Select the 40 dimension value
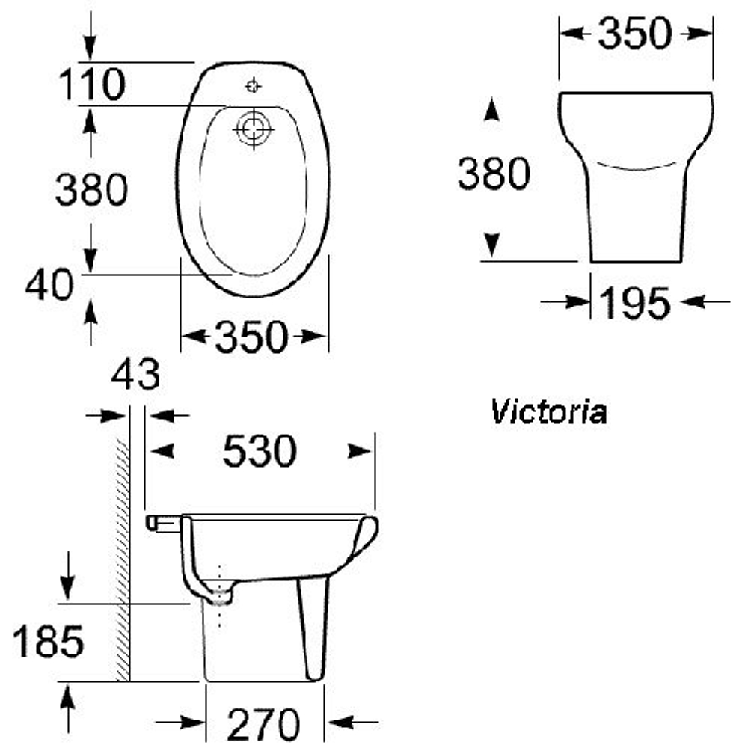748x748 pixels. point(49,285)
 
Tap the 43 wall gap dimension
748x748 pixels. point(135,375)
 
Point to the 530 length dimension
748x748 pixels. point(260,451)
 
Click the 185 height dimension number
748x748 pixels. point(48,643)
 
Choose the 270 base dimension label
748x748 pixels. point(264,724)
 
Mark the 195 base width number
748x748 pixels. point(636,303)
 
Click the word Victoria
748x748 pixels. point(548,412)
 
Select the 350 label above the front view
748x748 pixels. point(635,34)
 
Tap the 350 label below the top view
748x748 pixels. point(251,337)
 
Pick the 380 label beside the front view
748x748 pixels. point(494,174)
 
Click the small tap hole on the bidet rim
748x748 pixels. point(254,86)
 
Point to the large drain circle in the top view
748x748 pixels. point(252,130)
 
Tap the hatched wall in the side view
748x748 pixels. point(123,561)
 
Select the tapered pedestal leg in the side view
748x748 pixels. point(313,628)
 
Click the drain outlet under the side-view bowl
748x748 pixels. point(221,596)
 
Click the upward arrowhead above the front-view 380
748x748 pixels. point(491,111)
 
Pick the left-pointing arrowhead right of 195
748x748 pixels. point(694,302)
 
